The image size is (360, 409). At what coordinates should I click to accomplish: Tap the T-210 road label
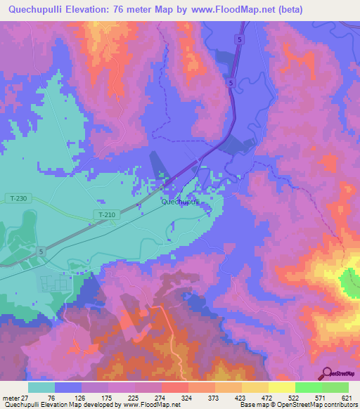(x=106, y=214)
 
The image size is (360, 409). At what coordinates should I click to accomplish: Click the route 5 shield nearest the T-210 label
(x=41, y=251)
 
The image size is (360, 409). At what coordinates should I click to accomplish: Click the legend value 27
(x=27, y=397)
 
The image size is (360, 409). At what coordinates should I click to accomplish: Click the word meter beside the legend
(x=11, y=397)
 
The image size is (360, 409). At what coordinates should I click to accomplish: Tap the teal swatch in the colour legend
(x=41, y=387)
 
